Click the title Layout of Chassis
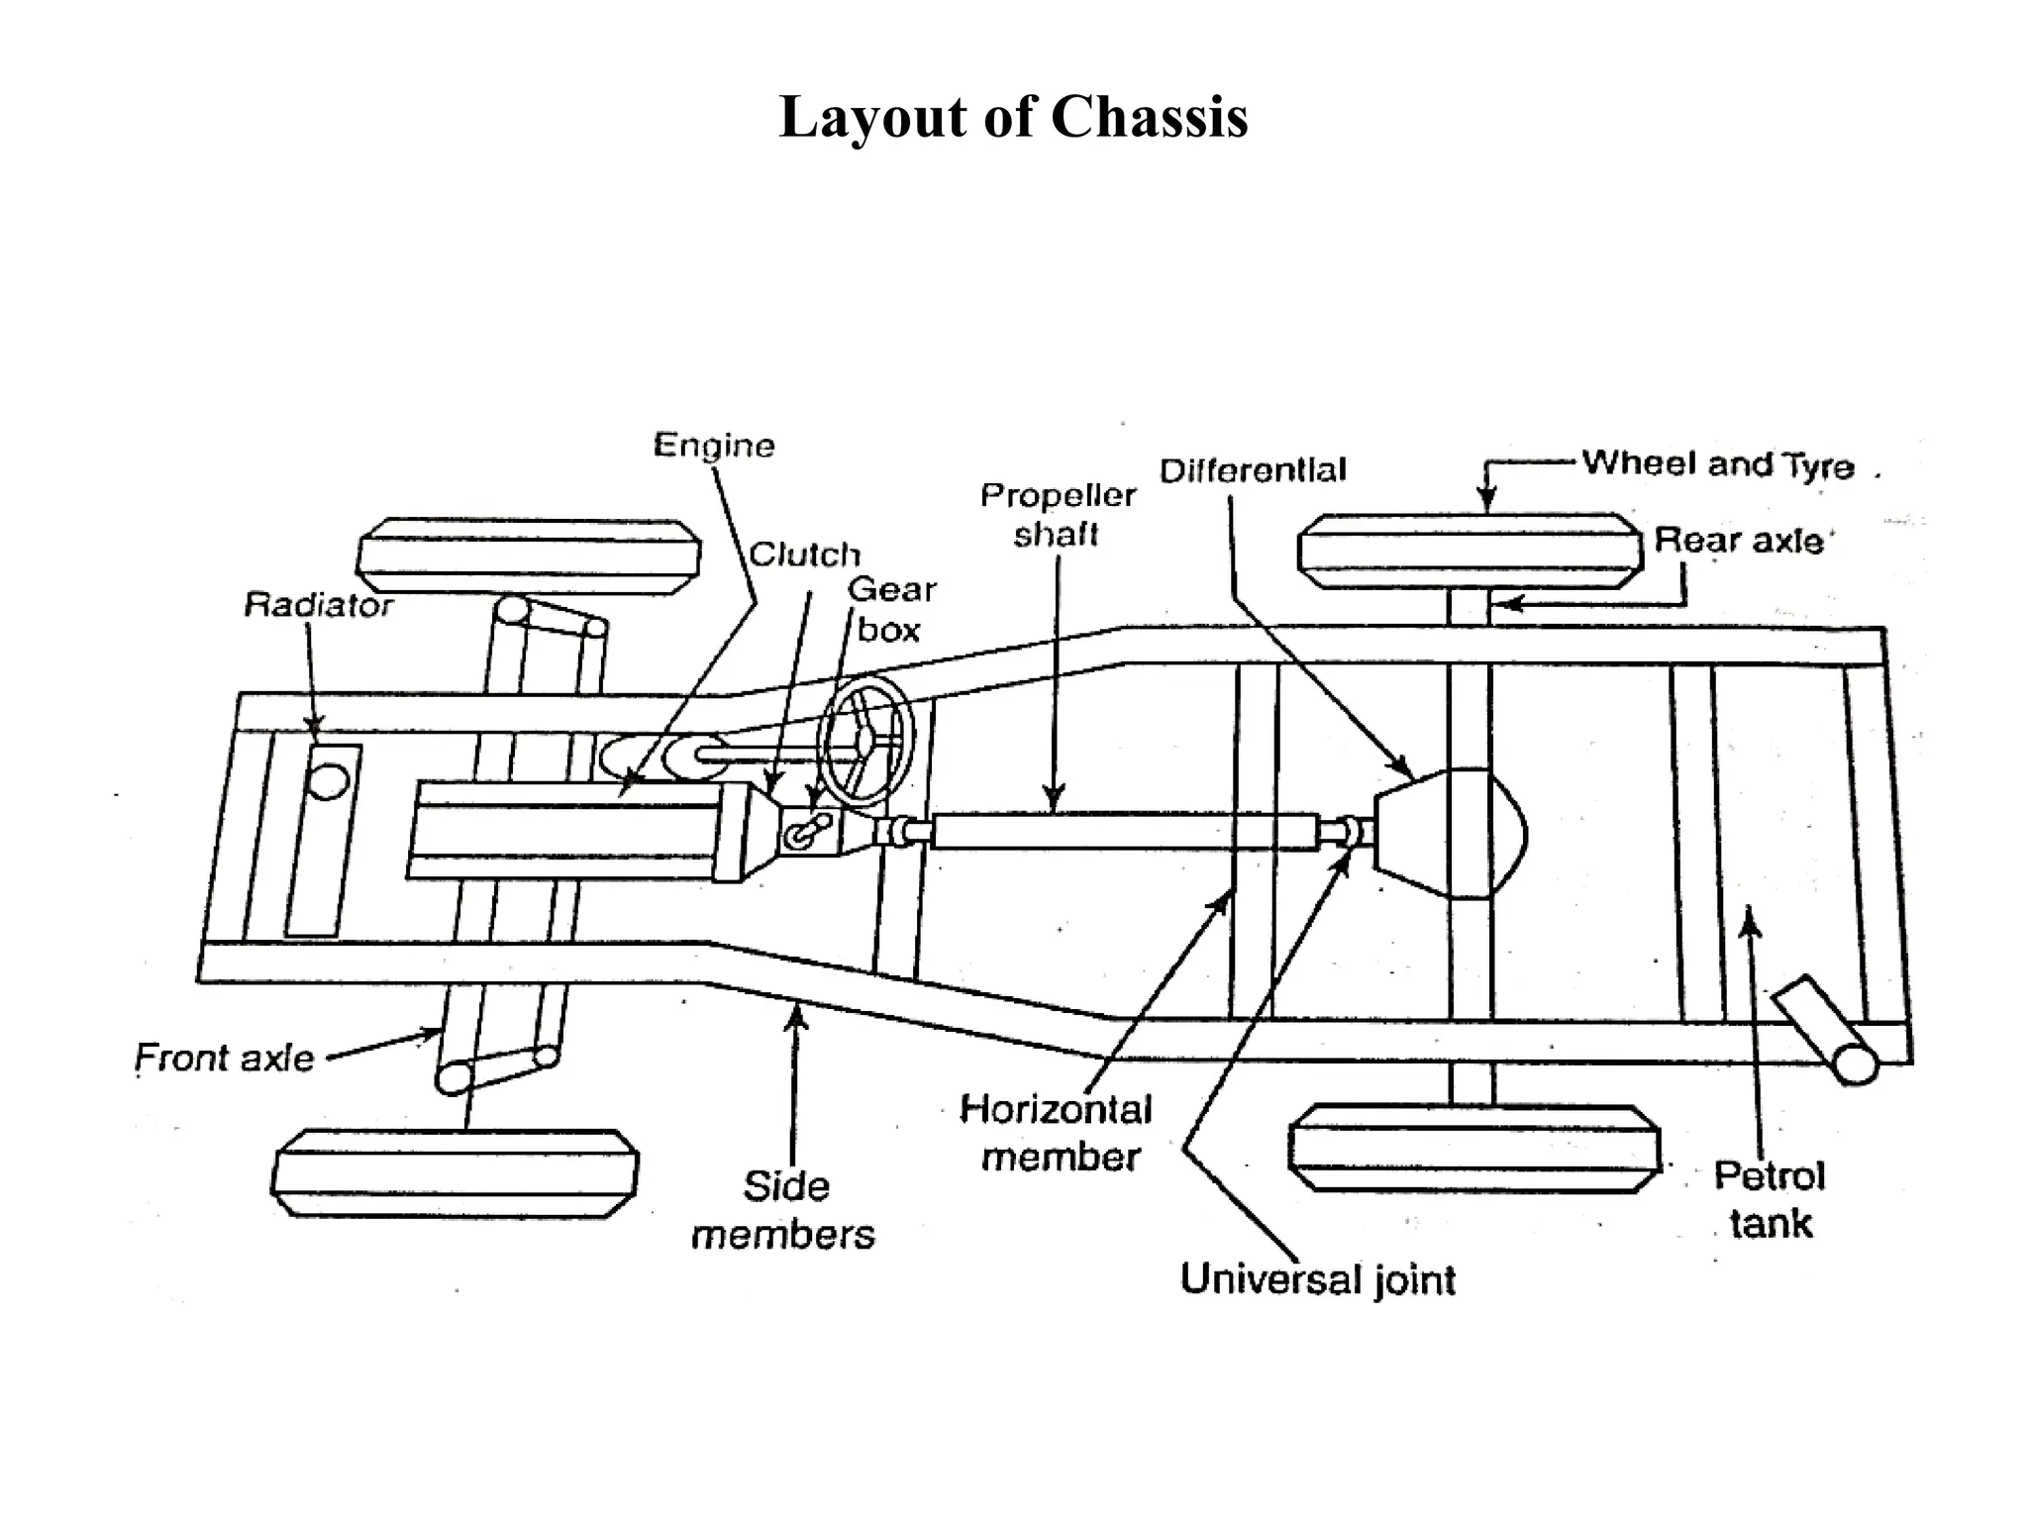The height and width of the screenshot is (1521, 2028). (x=1013, y=117)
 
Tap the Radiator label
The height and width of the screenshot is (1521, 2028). (x=318, y=604)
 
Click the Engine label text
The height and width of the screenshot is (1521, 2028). (x=714, y=446)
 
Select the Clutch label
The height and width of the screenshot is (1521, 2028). (x=804, y=555)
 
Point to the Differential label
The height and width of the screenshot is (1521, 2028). (x=1253, y=470)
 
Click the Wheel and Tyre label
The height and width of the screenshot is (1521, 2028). (x=1717, y=463)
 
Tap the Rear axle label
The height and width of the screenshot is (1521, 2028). (x=1739, y=541)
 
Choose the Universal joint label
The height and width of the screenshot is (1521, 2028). (x=1318, y=1279)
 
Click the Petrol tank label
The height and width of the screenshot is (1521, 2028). (x=1770, y=1199)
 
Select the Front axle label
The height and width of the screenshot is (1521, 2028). (x=225, y=1059)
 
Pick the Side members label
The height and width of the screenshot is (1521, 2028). (x=783, y=1210)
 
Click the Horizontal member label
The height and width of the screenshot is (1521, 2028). (x=1058, y=1133)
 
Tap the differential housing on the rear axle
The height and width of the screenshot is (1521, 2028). (x=1451, y=834)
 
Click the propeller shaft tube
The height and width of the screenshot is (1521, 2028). (x=1124, y=830)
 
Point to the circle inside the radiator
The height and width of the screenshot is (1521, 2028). (x=327, y=778)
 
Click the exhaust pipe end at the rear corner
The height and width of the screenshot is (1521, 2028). (x=1854, y=1065)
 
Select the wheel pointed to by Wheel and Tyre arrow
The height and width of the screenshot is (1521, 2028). (x=1470, y=552)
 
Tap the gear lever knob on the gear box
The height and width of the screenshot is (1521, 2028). (x=821, y=821)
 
